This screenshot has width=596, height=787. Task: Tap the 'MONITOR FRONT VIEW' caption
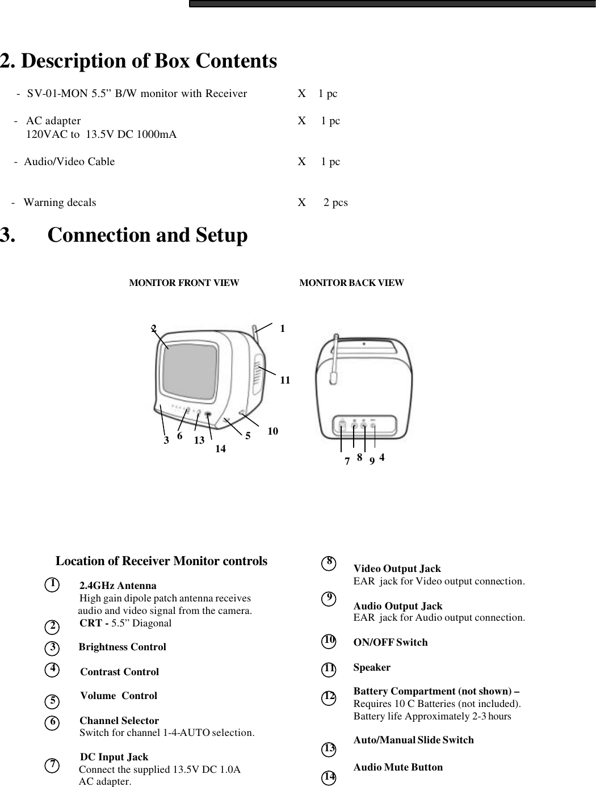pyautogui.click(x=184, y=283)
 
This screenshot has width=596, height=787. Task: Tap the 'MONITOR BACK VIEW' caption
pyautogui.click(x=351, y=283)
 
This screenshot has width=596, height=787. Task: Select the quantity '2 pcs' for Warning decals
pyautogui.click(x=335, y=203)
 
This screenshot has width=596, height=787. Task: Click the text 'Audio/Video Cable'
pyautogui.click(x=69, y=162)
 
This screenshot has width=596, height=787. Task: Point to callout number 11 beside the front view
pyautogui.click(x=285, y=380)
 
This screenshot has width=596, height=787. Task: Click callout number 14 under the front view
pyautogui.click(x=220, y=449)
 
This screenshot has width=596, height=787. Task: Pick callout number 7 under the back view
pyautogui.click(x=347, y=461)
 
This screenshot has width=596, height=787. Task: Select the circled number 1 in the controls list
pyautogui.click(x=52, y=584)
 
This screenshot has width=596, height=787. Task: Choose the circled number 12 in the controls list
pyautogui.click(x=329, y=696)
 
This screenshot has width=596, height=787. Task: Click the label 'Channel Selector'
pyautogui.click(x=119, y=721)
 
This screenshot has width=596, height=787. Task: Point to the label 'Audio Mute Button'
pyautogui.click(x=398, y=767)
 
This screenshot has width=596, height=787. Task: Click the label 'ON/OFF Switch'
pyautogui.click(x=391, y=642)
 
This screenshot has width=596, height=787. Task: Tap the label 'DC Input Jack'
pyautogui.click(x=114, y=757)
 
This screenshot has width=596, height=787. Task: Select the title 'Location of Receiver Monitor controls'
pyautogui.click(x=161, y=561)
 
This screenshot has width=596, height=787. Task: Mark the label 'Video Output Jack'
pyautogui.click(x=397, y=569)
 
